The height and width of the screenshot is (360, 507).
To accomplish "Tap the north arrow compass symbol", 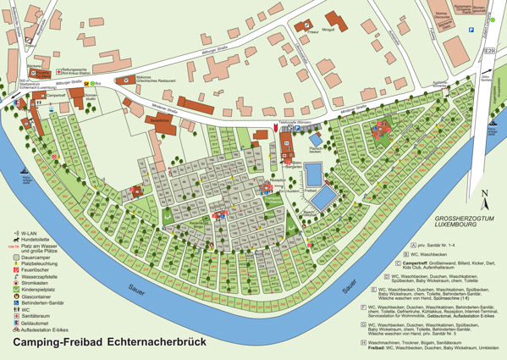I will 482,200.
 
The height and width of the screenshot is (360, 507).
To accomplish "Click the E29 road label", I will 488,52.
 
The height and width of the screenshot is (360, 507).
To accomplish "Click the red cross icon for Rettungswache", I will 58,73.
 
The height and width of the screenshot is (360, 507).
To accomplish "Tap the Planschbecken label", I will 316,148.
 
